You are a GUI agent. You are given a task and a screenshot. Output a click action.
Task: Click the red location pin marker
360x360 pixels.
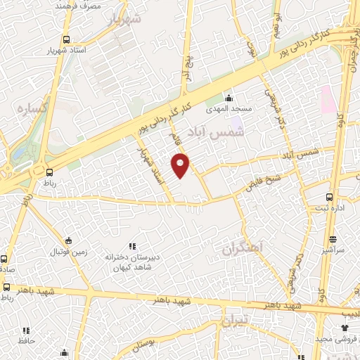(181, 166)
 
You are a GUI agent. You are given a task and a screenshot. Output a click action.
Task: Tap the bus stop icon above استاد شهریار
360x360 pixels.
(66, 39)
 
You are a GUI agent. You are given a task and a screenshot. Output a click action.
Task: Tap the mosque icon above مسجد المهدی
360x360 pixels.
(228, 98)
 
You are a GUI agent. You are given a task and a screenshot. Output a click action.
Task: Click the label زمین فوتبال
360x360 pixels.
(68, 251)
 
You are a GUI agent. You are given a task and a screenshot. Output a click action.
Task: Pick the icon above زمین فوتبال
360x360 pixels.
(68, 240)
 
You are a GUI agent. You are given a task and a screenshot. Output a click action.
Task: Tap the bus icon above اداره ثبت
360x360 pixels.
(330, 198)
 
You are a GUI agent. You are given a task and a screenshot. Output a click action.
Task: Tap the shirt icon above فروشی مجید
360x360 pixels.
(345, 328)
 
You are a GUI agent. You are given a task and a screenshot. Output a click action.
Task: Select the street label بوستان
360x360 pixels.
(142, 345)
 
